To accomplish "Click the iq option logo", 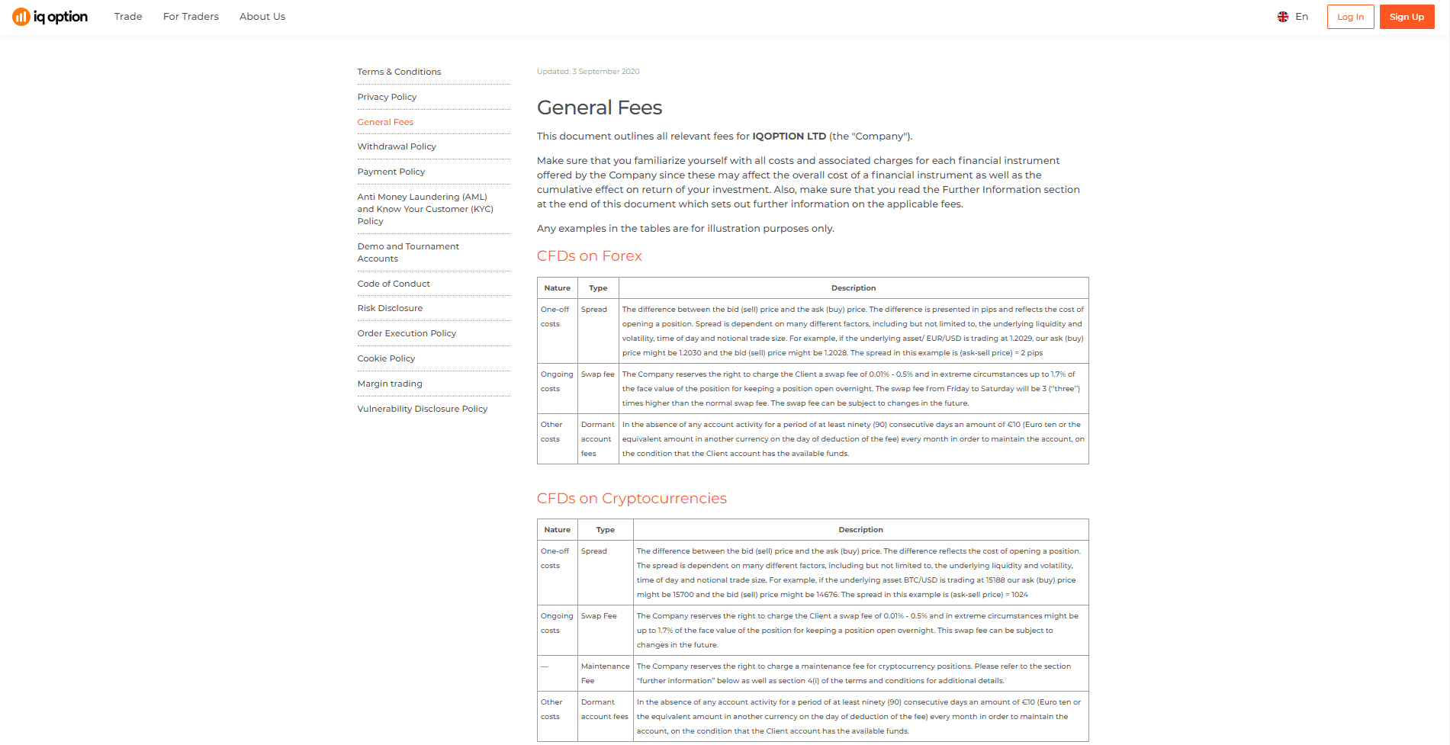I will [x=50, y=17].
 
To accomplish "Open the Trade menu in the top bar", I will [x=128, y=17].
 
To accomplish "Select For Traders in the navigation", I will [x=191, y=17].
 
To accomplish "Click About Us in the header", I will [x=262, y=17].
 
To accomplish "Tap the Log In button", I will [x=1350, y=17].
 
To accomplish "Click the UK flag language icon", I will [x=1283, y=17].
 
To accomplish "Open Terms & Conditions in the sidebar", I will [x=399, y=72].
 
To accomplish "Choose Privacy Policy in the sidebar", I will [x=387, y=97].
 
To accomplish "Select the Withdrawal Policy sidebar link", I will [x=397, y=146].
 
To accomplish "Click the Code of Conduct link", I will [x=394, y=284].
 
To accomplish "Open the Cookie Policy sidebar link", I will [x=386, y=358].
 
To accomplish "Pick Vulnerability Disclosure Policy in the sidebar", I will [x=422, y=409].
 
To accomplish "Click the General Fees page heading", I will [x=600, y=108].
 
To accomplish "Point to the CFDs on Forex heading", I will [x=590, y=256].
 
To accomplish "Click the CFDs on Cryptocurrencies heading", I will [x=632, y=499].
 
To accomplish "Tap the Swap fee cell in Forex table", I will [x=598, y=374].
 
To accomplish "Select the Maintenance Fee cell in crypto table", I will [x=605, y=673].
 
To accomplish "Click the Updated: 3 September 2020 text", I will [x=588, y=72].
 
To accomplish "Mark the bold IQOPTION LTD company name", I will [x=789, y=136].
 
